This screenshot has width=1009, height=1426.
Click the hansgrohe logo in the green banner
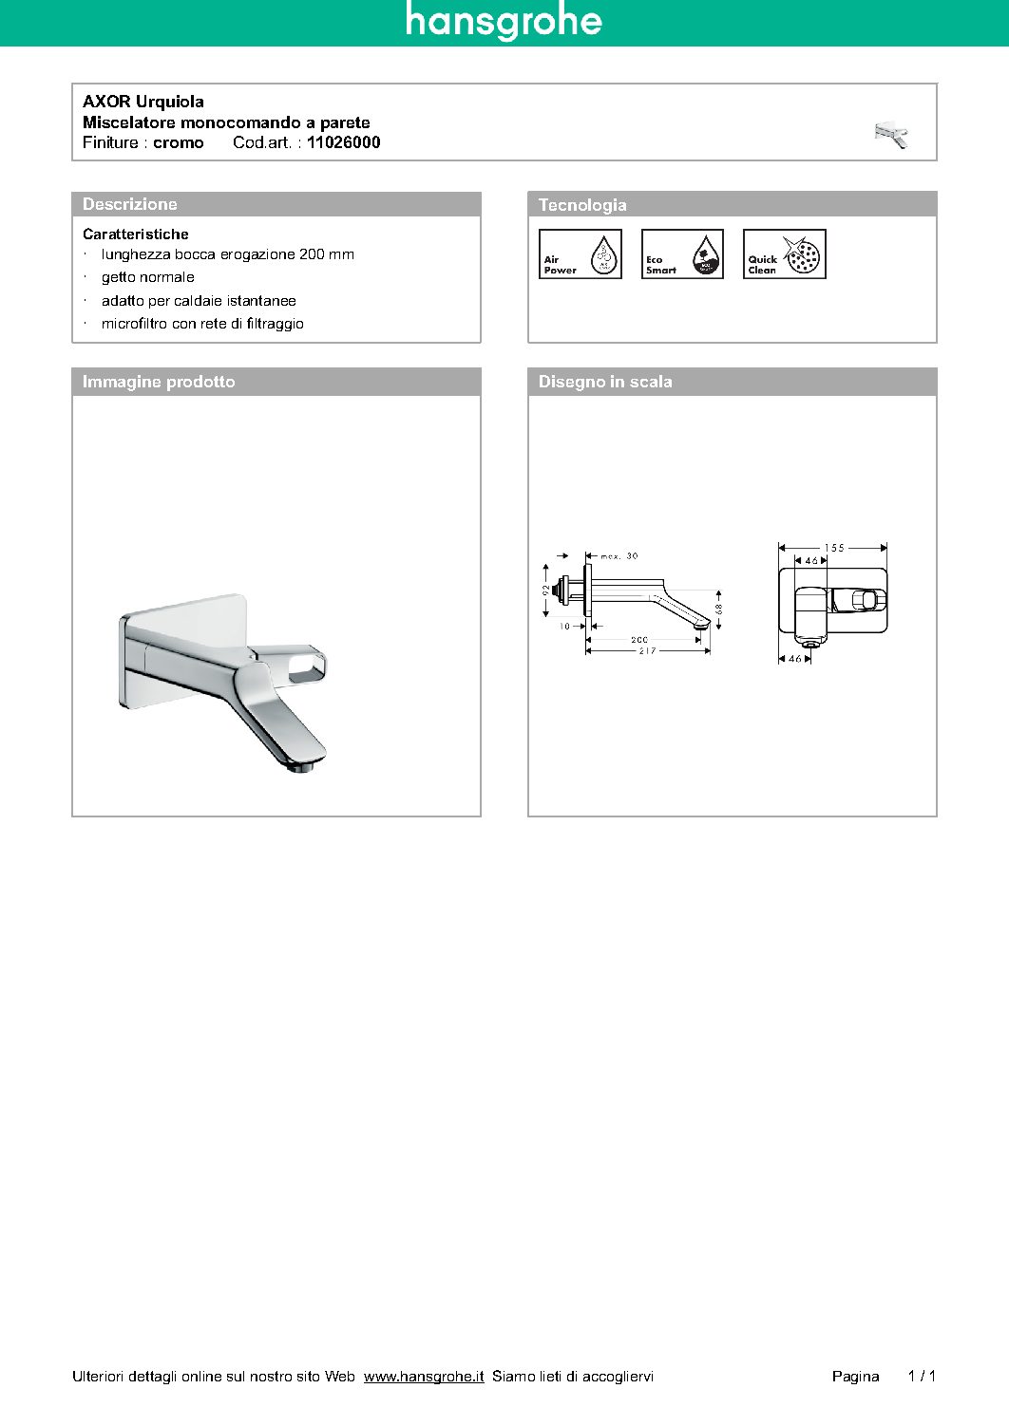tap(504, 21)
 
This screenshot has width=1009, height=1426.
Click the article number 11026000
tap(343, 142)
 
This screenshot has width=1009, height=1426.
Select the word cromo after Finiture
tap(179, 142)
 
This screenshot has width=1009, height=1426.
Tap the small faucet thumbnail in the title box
tap(891, 135)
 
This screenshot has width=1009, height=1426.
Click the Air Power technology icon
tap(580, 254)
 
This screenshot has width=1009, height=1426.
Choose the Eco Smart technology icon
tap(682, 254)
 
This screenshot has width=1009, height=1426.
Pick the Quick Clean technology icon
tap(784, 254)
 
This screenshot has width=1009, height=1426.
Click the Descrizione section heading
tap(130, 204)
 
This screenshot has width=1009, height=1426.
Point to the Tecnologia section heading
tap(582, 205)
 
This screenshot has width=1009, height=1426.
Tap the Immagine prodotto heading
tap(159, 382)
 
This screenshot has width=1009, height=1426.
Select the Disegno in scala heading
tap(605, 382)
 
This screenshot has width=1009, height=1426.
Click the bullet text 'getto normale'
tap(148, 277)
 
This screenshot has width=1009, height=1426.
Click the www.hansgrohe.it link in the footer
tap(424, 1377)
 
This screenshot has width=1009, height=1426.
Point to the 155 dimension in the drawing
tap(833, 548)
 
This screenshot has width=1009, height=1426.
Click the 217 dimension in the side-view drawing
tap(647, 651)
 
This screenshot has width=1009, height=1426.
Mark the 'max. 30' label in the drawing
tap(619, 556)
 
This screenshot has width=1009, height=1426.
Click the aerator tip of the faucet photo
tap(302, 765)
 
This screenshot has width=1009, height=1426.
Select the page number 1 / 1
tap(922, 1376)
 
